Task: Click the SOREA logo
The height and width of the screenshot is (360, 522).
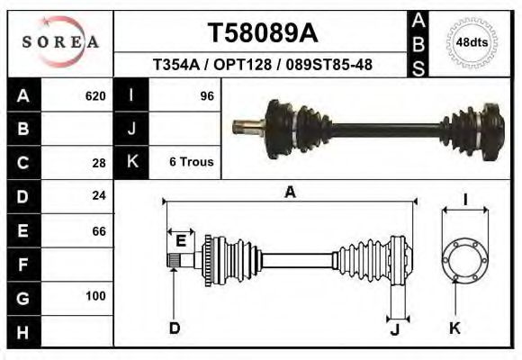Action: (60, 42)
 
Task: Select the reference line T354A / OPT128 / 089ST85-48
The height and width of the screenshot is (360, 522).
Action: (262, 65)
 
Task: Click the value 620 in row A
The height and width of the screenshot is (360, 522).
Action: (95, 95)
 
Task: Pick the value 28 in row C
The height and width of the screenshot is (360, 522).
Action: (99, 163)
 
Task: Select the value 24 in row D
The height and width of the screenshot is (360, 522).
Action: (99, 195)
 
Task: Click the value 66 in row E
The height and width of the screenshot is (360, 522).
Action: (99, 230)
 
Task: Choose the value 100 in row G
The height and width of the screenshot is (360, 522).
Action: (95, 296)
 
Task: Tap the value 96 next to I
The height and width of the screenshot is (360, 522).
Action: (207, 95)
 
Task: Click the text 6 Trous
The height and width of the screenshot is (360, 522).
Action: (191, 162)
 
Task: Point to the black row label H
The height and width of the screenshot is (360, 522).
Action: (22, 331)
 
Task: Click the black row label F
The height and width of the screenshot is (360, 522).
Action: (22, 264)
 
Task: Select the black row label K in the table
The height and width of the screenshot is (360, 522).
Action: (132, 162)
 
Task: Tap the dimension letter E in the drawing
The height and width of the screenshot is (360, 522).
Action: (181, 240)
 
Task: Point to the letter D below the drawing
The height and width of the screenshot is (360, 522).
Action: (175, 328)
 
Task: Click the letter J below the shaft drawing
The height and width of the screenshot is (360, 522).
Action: (394, 329)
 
